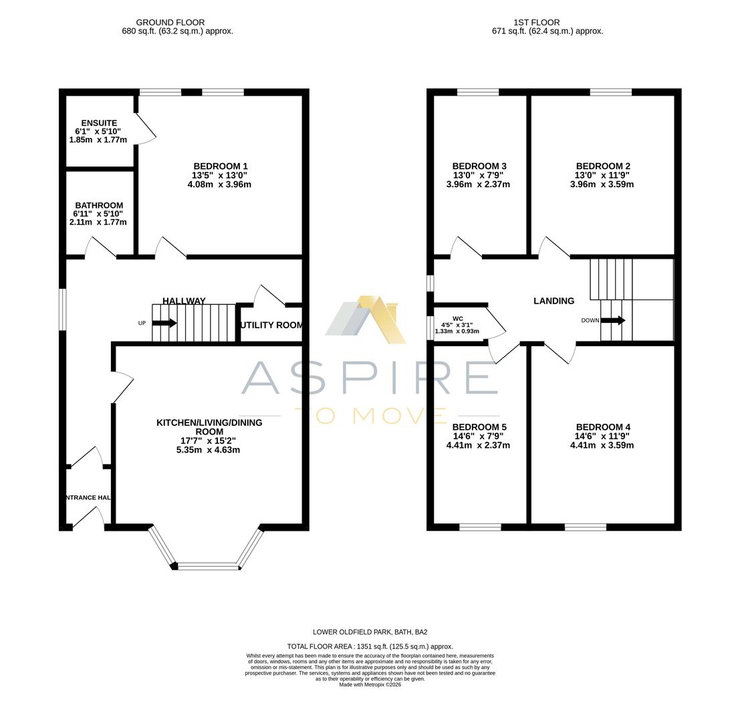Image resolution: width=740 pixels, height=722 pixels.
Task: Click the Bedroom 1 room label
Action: pyautogui.click(x=221, y=166)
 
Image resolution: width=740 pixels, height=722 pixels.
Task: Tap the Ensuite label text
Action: pyautogui.click(x=99, y=123)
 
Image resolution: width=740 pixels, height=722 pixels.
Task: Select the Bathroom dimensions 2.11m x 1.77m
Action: pyautogui.click(x=98, y=222)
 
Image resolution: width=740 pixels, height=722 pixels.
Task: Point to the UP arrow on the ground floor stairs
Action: pyautogui.click(x=164, y=323)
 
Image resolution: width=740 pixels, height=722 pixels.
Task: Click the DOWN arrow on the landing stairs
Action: pyautogui.click(x=612, y=320)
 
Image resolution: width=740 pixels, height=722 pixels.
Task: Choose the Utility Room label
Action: pyautogui.click(x=271, y=325)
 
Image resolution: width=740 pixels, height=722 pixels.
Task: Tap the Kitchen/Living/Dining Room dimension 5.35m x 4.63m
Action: pyautogui.click(x=208, y=450)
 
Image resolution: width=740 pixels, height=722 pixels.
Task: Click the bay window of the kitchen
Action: pyautogui.click(x=208, y=566)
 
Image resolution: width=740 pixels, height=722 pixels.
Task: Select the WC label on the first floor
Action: pyautogui.click(x=457, y=319)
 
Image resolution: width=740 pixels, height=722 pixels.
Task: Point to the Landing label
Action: pyautogui.click(x=553, y=301)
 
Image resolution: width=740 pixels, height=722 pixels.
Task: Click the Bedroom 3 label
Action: pyautogui.click(x=479, y=166)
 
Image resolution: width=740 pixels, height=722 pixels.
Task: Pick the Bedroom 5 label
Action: pyautogui.click(x=479, y=427)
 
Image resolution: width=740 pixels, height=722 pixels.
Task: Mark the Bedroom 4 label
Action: pyautogui.click(x=602, y=427)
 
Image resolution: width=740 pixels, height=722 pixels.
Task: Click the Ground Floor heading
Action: pyautogui.click(x=170, y=22)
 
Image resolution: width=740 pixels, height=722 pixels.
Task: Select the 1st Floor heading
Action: pyautogui.click(x=537, y=22)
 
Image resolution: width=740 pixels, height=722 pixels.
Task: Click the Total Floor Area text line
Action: pyautogui.click(x=370, y=646)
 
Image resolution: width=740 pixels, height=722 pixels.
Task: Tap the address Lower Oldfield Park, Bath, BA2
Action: pyautogui.click(x=370, y=632)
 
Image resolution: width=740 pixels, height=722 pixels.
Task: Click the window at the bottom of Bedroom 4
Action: pyautogui.click(x=585, y=527)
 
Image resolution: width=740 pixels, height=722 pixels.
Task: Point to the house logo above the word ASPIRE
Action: pyautogui.click(x=366, y=320)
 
